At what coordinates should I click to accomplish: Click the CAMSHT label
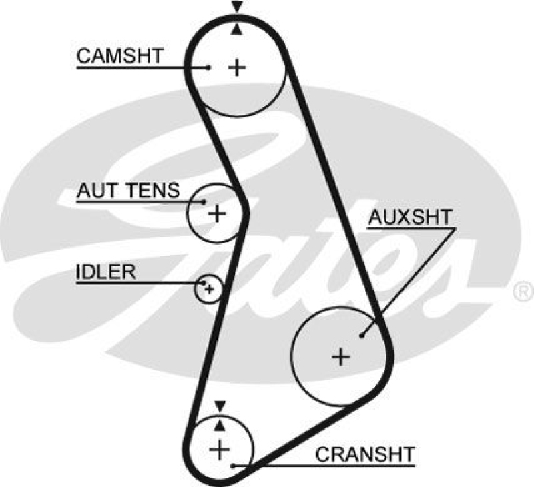(119, 56)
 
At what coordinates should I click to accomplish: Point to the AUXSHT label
(410, 217)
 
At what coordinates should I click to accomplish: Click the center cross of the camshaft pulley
(236, 67)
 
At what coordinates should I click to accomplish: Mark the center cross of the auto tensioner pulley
(216, 213)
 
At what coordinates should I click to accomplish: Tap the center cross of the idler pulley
(209, 288)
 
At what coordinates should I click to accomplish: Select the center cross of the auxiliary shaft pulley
(341, 357)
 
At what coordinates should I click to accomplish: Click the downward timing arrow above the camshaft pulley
(236, 7)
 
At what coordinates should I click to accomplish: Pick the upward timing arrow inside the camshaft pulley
(236, 29)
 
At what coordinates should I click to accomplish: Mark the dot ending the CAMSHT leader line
(209, 67)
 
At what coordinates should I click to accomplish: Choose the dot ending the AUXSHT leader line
(362, 335)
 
